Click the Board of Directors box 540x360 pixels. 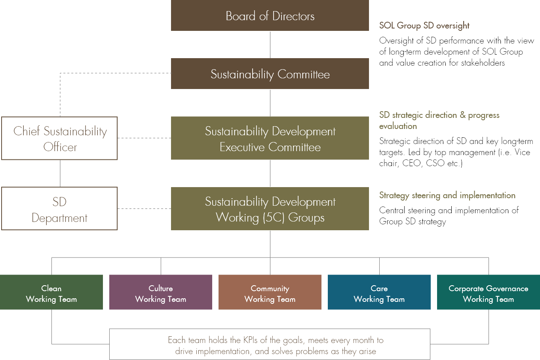point(270,15)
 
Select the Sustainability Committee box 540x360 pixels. point(270,74)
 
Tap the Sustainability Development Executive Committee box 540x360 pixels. point(270,138)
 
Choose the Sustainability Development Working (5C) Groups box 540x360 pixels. point(270,208)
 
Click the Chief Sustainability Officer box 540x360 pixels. point(59,138)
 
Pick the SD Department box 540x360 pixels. point(59,208)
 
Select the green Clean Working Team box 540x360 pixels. point(51,292)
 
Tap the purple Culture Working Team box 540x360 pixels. point(161,292)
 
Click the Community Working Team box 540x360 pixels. point(270,292)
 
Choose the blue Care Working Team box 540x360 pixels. point(379,292)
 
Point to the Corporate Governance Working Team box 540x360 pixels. point(489,292)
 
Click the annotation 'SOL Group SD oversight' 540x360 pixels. point(424,26)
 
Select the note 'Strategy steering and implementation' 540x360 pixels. point(447,195)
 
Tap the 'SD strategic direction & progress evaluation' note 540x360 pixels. point(439,120)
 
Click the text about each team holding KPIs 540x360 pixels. point(276,345)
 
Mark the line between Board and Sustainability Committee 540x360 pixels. point(270,45)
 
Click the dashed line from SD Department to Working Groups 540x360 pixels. point(144,208)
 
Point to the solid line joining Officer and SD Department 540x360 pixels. point(60,173)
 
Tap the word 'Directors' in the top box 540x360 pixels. point(293,16)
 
